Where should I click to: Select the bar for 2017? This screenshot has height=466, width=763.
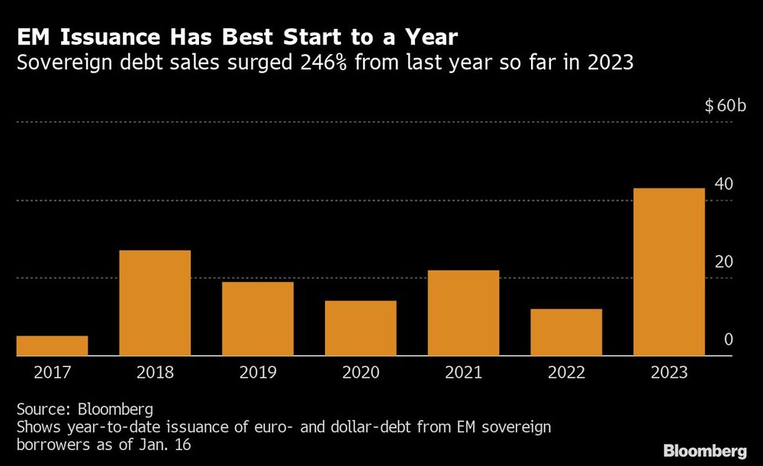(52, 345)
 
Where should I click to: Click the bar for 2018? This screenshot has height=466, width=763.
(155, 303)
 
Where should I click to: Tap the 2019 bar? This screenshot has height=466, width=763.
(258, 319)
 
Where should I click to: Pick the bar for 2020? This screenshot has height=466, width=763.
(361, 328)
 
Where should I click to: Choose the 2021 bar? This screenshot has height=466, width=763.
(464, 313)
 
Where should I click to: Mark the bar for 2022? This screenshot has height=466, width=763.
(567, 332)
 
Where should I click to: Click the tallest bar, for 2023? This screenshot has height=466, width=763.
(669, 272)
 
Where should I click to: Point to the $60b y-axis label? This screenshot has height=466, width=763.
(725, 105)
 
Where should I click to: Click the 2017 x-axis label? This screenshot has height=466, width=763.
(52, 373)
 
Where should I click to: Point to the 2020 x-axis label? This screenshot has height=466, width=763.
(361, 373)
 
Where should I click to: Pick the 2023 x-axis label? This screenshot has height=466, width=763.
(669, 373)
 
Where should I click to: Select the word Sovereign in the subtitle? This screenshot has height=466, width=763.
(64, 63)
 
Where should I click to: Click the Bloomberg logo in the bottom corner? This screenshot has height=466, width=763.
(704, 450)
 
